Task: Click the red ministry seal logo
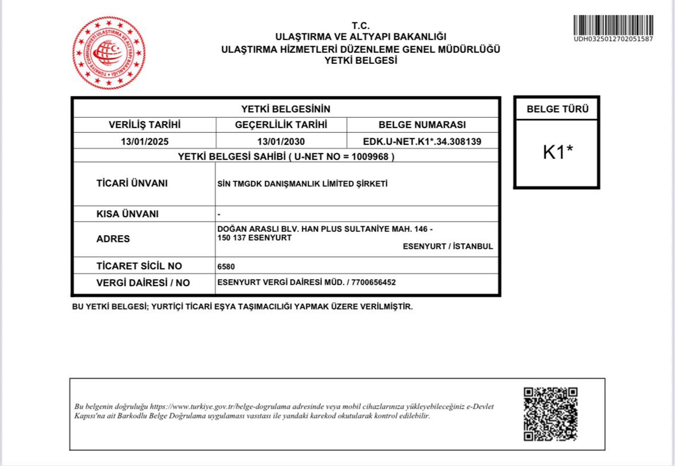click(109, 53)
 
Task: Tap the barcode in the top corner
click(613, 25)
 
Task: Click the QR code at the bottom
click(550, 414)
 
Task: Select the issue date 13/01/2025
click(144, 142)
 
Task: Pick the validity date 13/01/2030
click(281, 142)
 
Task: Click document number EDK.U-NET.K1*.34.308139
click(422, 142)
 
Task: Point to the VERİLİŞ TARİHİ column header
click(144, 125)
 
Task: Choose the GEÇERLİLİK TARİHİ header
click(281, 125)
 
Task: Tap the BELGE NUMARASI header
click(422, 125)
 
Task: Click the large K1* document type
click(558, 152)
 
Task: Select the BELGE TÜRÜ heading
click(557, 109)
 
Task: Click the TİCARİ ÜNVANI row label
click(132, 183)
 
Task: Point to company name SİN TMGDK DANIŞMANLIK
click(302, 184)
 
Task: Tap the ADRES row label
click(113, 239)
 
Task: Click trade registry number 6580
click(226, 267)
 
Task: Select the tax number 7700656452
click(373, 283)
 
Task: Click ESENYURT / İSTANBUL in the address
click(448, 246)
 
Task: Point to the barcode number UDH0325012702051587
click(613, 39)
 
